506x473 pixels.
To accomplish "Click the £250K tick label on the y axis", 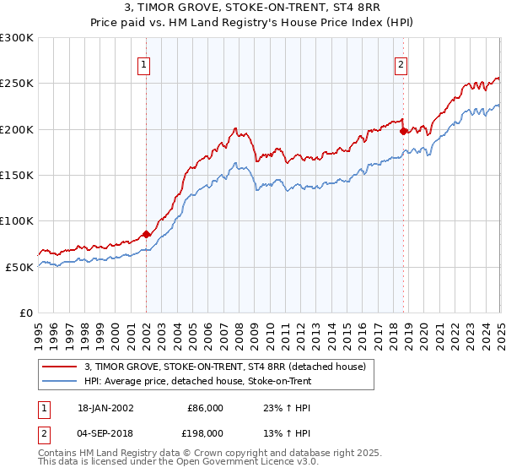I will coord(18,84).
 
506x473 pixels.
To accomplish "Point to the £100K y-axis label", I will coord(18,220).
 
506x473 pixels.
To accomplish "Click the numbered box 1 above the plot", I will coord(144,64).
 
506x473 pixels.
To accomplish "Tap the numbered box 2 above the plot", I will coord(401,64).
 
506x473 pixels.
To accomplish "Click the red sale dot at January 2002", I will coord(147,234).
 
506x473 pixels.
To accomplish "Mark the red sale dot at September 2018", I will coord(403,131).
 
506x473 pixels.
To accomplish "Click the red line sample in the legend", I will coord(62,367).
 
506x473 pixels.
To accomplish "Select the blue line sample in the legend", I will coord(62,382).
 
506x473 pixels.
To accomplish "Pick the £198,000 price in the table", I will coord(205,435).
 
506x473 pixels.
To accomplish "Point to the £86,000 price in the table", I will coord(205,408).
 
